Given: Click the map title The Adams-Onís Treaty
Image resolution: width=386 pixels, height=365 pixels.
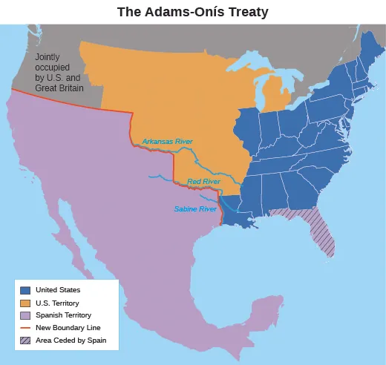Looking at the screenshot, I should point(194,12).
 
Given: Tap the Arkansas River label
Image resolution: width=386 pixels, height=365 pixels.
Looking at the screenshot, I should point(167,141).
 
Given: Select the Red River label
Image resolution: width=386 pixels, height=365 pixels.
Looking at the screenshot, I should point(203,181).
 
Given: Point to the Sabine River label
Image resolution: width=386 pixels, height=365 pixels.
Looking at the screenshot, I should point(194,209).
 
